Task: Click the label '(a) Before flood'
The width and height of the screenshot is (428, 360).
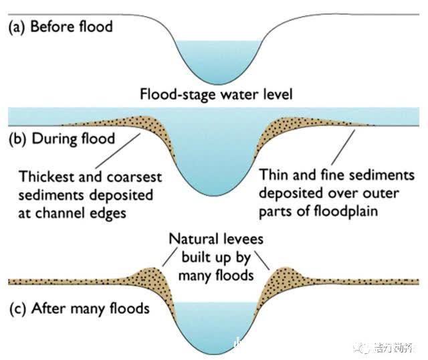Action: pos(60,27)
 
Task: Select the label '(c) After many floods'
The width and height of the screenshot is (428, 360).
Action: pos(78,309)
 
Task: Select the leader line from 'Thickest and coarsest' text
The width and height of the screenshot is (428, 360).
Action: pos(118,151)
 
